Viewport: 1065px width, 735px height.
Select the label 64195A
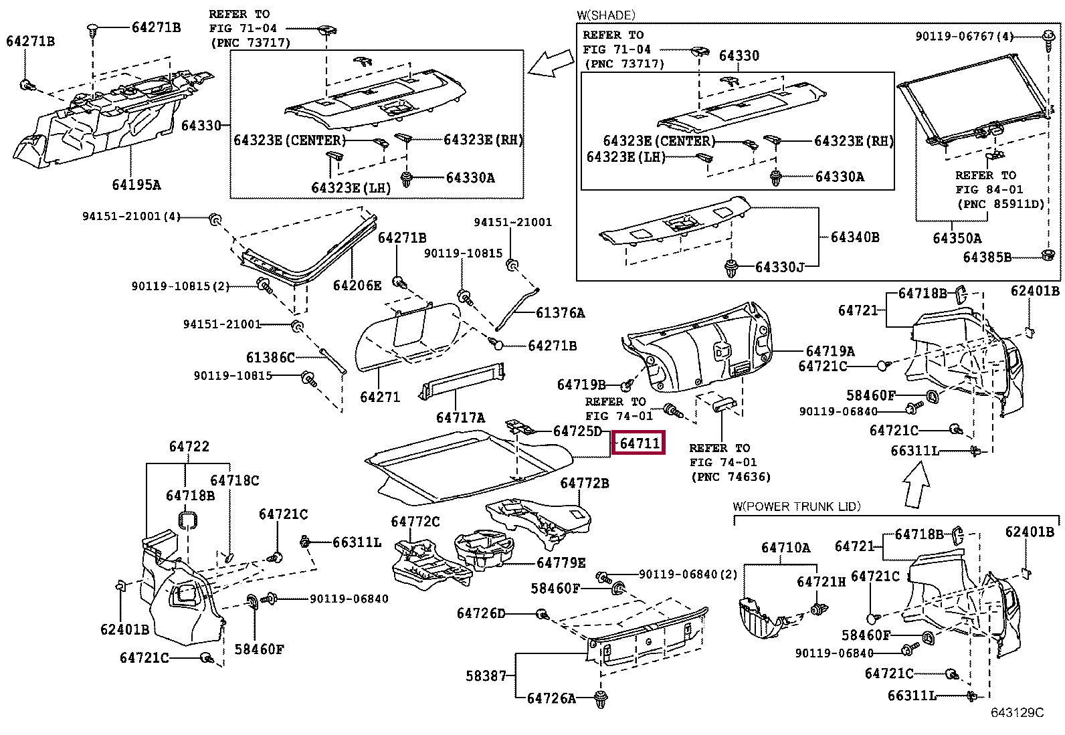tap(136, 185)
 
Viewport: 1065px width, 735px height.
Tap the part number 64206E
tap(357, 286)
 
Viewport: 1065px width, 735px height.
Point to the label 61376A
tap(561, 313)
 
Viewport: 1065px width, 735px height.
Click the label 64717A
tap(461, 417)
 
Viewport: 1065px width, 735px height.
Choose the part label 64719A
tap(830, 351)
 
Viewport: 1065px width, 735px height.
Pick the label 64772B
tap(584, 483)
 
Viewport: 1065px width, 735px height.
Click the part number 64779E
tap(561, 563)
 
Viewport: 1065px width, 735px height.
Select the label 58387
tap(486, 675)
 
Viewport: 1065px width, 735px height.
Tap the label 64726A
tap(551, 698)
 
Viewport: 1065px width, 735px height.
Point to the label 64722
tap(189, 447)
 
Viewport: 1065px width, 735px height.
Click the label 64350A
tap(957, 238)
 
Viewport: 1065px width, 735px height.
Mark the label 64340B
tap(855, 237)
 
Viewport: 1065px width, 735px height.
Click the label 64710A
tap(785, 548)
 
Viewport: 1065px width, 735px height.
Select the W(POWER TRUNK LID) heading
tap(796, 506)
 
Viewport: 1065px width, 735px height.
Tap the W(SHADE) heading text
tap(605, 15)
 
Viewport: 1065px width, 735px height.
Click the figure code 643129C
tap(1017, 713)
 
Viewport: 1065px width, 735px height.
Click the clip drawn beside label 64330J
tap(731, 268)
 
